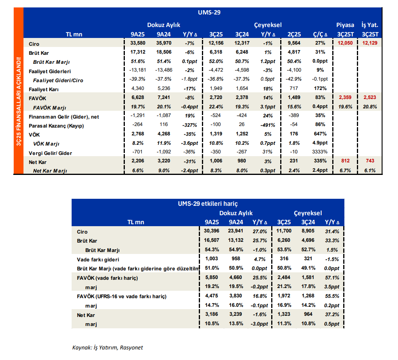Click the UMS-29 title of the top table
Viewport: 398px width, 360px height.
click(x=209, y=13)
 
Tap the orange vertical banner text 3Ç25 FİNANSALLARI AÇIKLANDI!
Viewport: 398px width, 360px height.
click(x=18, y=101)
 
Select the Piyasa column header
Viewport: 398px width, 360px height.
click(x=345, y=25)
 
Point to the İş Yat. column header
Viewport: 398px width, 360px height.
click(x=370, y=25)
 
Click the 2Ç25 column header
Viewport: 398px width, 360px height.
click(x=294, y=34)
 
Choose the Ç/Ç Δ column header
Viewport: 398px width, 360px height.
click(x=320, y=34)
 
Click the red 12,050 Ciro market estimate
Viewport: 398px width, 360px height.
click(x=345, y=43)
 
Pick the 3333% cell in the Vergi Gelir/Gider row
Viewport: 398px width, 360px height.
click(x=320, y=152)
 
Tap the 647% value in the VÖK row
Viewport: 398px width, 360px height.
click(x=320, y=134)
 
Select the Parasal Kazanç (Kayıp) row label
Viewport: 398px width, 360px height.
click(x=56, y=126)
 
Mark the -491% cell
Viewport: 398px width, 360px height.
click(x=268, y=125)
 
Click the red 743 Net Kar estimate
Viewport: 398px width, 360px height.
click(x=370, y=161)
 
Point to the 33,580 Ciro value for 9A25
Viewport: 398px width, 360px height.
click(x=138, y=43)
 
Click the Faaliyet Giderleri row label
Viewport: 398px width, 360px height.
click(x=50, y=72)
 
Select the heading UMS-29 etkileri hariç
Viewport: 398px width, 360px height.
click(x=208, y=203)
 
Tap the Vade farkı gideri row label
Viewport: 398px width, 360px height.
click(x=98, y=260)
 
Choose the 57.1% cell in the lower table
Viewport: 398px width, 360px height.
click(x=332, y=278)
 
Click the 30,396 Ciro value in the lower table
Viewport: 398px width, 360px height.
click(x=212, y=231)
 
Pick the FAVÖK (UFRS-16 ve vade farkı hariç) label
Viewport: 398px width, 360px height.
click(x=122, y=297)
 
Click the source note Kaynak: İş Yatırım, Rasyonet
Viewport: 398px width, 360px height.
click(x=108, y=347)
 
